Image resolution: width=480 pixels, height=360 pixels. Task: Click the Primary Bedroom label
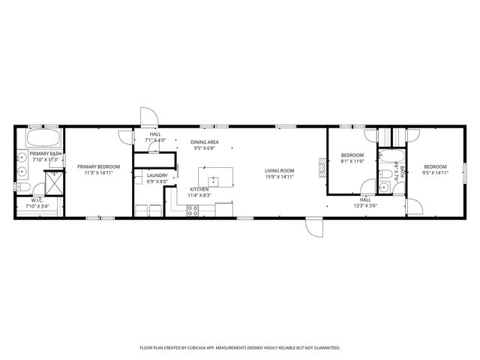point(92,166)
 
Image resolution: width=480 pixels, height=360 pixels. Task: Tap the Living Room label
point(279,171)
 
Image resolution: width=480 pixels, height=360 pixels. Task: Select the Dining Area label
point(204,142)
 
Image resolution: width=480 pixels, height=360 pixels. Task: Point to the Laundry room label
point(146,175)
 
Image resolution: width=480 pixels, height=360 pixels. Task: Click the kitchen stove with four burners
point(193,209)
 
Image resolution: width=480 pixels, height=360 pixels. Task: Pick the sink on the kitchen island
point(214,180)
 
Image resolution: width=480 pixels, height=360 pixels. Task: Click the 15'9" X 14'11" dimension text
point(279,177)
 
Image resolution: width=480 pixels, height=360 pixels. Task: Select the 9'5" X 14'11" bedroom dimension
point(434,172)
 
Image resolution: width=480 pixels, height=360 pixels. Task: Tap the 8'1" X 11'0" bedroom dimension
point(352,161)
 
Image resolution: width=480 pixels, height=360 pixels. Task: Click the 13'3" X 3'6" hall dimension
point(366,205)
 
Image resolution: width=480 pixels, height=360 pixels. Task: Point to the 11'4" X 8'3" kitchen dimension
point(199,195)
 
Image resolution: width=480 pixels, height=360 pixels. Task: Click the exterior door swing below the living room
point(313,227)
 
